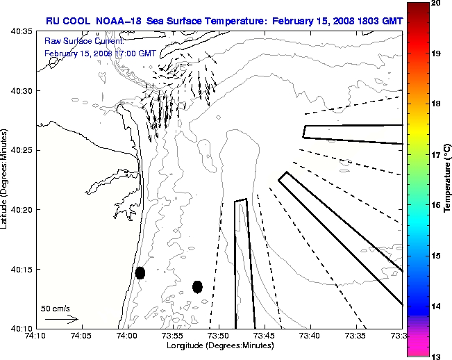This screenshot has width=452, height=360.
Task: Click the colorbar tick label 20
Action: point(437,3)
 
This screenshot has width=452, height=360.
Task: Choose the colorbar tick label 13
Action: point(437,357)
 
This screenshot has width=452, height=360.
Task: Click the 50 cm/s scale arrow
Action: point(62,319)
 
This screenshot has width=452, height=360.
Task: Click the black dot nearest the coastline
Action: point(140,272)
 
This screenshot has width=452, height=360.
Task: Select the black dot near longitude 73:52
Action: point(197,286)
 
